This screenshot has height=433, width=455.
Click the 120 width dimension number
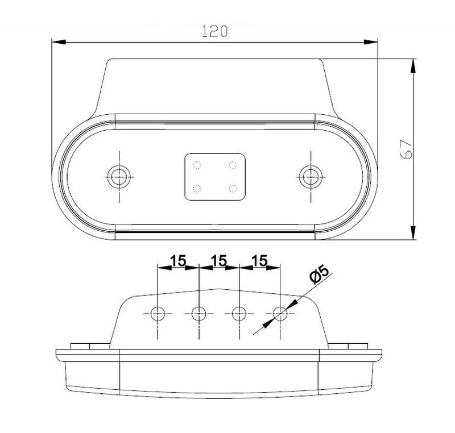click(215, 31)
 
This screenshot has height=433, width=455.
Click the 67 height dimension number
click(406, 149)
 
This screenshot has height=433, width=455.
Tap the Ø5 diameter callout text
click(319, 274)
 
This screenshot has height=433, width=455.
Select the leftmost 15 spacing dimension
click(178, 261)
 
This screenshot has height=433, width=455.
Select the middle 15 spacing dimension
click(219, 261)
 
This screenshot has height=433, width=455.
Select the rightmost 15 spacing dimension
click(260, 261)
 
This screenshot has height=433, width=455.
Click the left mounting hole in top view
click(119, 177)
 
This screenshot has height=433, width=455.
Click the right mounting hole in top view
click(311, 177)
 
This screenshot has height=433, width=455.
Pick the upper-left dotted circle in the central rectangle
click(197, 165)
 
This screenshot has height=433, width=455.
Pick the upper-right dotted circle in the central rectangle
click(233, 165)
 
